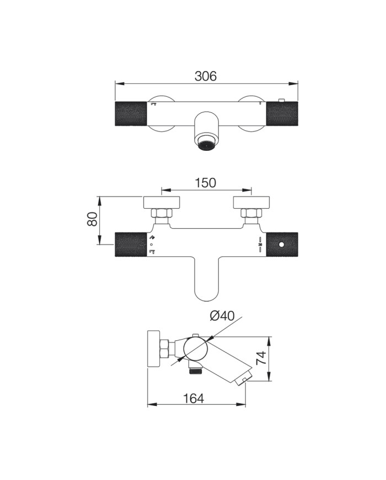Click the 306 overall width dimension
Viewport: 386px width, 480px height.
(x=206, y=76)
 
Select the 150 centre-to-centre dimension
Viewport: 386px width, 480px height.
(x=206, y=183)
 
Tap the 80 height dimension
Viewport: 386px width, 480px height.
(x=92, y=219)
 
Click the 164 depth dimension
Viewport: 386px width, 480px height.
(x=194, y=398)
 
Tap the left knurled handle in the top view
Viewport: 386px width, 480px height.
(x=131, y=114)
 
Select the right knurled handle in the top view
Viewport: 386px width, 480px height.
(x=282, y=114)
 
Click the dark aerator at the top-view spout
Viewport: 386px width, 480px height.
(x=206, y=145)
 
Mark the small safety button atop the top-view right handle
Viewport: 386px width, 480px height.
(x=281, y=100)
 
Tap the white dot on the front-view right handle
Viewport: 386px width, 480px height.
(x=282, y=245)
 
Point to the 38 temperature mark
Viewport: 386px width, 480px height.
(x=260, y=245)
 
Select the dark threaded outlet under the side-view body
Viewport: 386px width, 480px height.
(x=194, y=371)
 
